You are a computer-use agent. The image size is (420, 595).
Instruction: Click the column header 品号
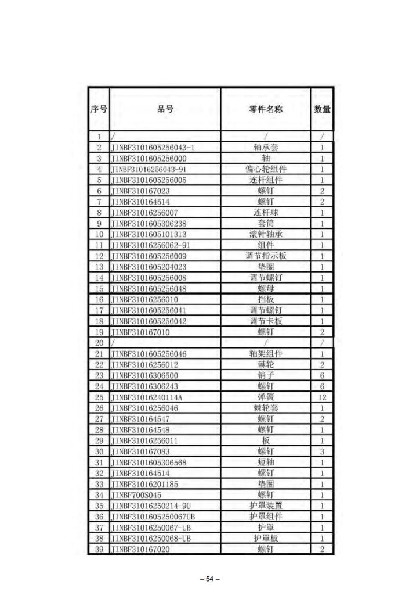165,109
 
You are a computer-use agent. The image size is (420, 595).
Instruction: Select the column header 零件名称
265,109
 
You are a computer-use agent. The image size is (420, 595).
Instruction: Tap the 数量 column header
322,109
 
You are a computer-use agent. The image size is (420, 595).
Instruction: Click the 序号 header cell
99,109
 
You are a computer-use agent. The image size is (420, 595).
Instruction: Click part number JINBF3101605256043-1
152,147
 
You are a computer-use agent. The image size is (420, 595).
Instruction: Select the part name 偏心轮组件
265,169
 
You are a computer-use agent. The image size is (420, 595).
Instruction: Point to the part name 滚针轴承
265,234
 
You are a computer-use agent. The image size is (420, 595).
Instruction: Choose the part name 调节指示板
265,256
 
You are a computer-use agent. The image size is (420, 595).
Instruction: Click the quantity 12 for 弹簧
322,397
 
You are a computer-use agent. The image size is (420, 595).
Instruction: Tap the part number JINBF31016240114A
146,397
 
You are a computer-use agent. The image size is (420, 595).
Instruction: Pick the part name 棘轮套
265,408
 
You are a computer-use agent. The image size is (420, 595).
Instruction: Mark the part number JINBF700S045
136,494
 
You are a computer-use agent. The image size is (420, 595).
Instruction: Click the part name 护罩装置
265,506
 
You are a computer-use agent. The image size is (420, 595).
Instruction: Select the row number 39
99,549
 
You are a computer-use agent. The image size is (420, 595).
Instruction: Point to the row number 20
99,343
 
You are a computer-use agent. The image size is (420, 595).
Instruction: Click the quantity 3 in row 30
322,451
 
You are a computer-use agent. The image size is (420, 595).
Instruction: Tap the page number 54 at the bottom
210,578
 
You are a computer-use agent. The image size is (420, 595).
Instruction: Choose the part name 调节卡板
265,321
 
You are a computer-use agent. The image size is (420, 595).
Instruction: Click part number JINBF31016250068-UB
150,538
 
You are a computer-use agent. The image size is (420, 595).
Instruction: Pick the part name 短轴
265,462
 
